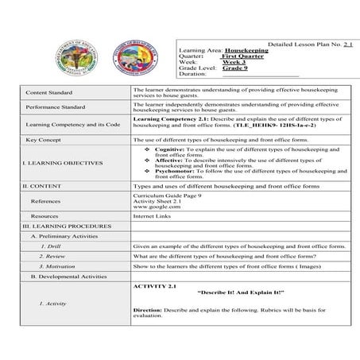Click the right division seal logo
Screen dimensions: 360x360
(x=122, y=47)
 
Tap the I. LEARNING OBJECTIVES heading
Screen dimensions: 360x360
(x=64, y=163)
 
